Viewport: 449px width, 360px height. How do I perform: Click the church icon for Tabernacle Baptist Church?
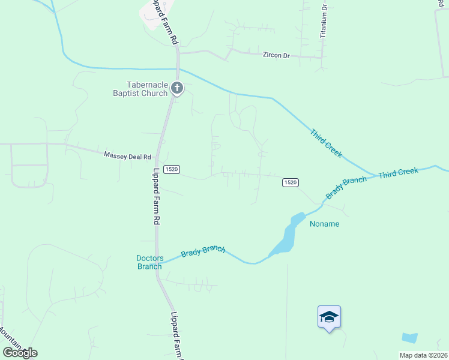[177, 88]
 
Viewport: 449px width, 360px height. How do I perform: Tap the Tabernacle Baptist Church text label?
[140, 89]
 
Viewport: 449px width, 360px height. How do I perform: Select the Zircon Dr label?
[276, 55]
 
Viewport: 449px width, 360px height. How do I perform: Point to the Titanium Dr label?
[323, 21]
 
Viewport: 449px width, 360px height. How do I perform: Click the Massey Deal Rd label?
[127, 156]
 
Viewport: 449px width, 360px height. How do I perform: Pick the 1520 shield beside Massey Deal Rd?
[170, 170]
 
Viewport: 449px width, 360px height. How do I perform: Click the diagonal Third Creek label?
[326, 143]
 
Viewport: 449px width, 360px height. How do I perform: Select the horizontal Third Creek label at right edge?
[398, 172]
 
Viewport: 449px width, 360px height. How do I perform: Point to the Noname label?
[324, 224]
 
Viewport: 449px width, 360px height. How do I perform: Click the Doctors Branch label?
[149, 262]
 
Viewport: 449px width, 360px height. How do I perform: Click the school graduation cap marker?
[329, 316]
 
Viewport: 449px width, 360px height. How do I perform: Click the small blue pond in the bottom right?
[409, 338]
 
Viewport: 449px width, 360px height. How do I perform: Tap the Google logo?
[20, 353]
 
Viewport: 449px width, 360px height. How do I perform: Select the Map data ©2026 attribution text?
[423, 355]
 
